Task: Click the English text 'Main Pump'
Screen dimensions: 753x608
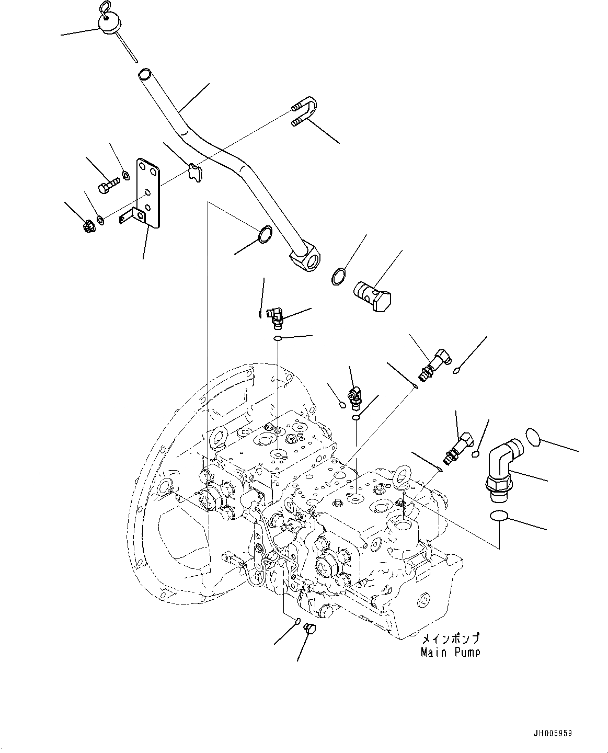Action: pos(450,652)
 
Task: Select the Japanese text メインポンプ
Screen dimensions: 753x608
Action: pos(450,639)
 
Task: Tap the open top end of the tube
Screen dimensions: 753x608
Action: pos(144,74)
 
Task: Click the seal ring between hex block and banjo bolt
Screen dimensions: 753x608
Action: pos(338,277)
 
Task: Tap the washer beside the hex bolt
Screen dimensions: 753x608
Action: pos(125,174)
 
